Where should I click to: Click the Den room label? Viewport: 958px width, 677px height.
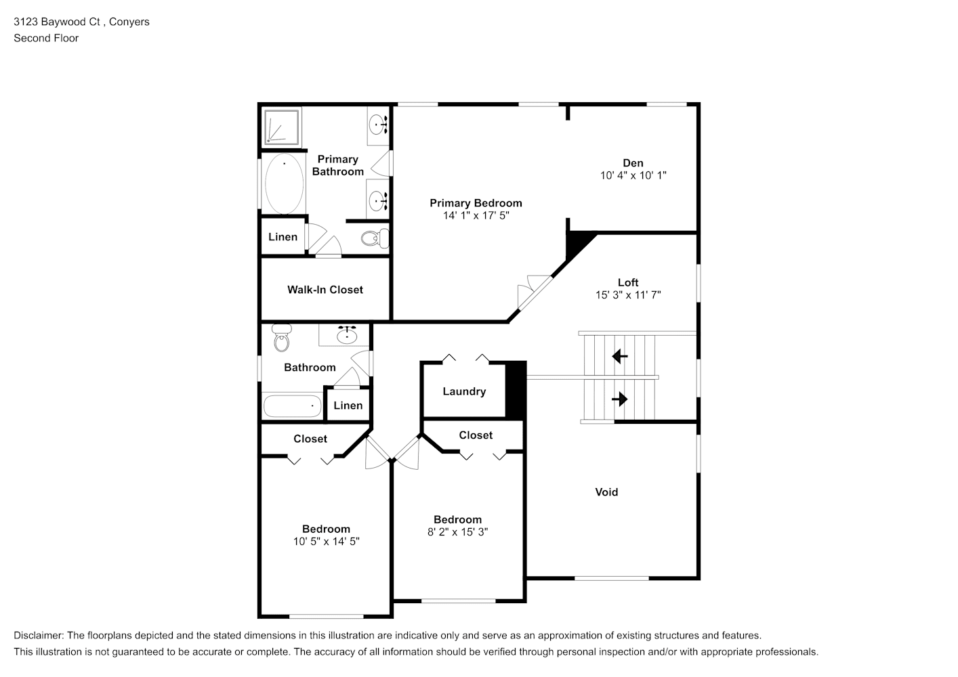pos(633,163)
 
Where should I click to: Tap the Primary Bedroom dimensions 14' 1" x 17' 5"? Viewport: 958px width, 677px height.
pos(476,215)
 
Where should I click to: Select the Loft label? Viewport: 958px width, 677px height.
pos(628,282)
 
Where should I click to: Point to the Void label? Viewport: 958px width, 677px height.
pos(606,492)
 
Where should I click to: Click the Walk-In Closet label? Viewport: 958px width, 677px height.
pos(325,290)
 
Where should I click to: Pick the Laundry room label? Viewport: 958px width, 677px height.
pos(464,391)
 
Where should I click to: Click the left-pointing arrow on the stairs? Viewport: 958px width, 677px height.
pos(620,356)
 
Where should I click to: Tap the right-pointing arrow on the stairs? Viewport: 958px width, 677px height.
pos(620,399)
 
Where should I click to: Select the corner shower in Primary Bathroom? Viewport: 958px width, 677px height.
pos(281,127)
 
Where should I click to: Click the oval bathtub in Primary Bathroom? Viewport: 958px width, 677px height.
pos(284,183)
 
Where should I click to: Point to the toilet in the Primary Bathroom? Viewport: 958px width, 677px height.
pos(375,238)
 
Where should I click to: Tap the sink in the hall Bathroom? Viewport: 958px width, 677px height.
pos(347,334)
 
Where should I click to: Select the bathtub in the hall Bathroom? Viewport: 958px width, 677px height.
pos(292,406)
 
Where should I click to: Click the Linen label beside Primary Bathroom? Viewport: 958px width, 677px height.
pos(283,237)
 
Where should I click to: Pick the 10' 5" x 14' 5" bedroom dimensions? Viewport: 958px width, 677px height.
pos(327,542)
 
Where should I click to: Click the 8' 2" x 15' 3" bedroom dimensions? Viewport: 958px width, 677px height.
pos(457,532)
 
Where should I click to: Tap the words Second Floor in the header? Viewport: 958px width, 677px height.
pos(46,38)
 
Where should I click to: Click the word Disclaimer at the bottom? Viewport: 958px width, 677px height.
pos(39,636)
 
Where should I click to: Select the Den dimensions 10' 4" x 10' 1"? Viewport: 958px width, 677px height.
pos(633,175)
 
